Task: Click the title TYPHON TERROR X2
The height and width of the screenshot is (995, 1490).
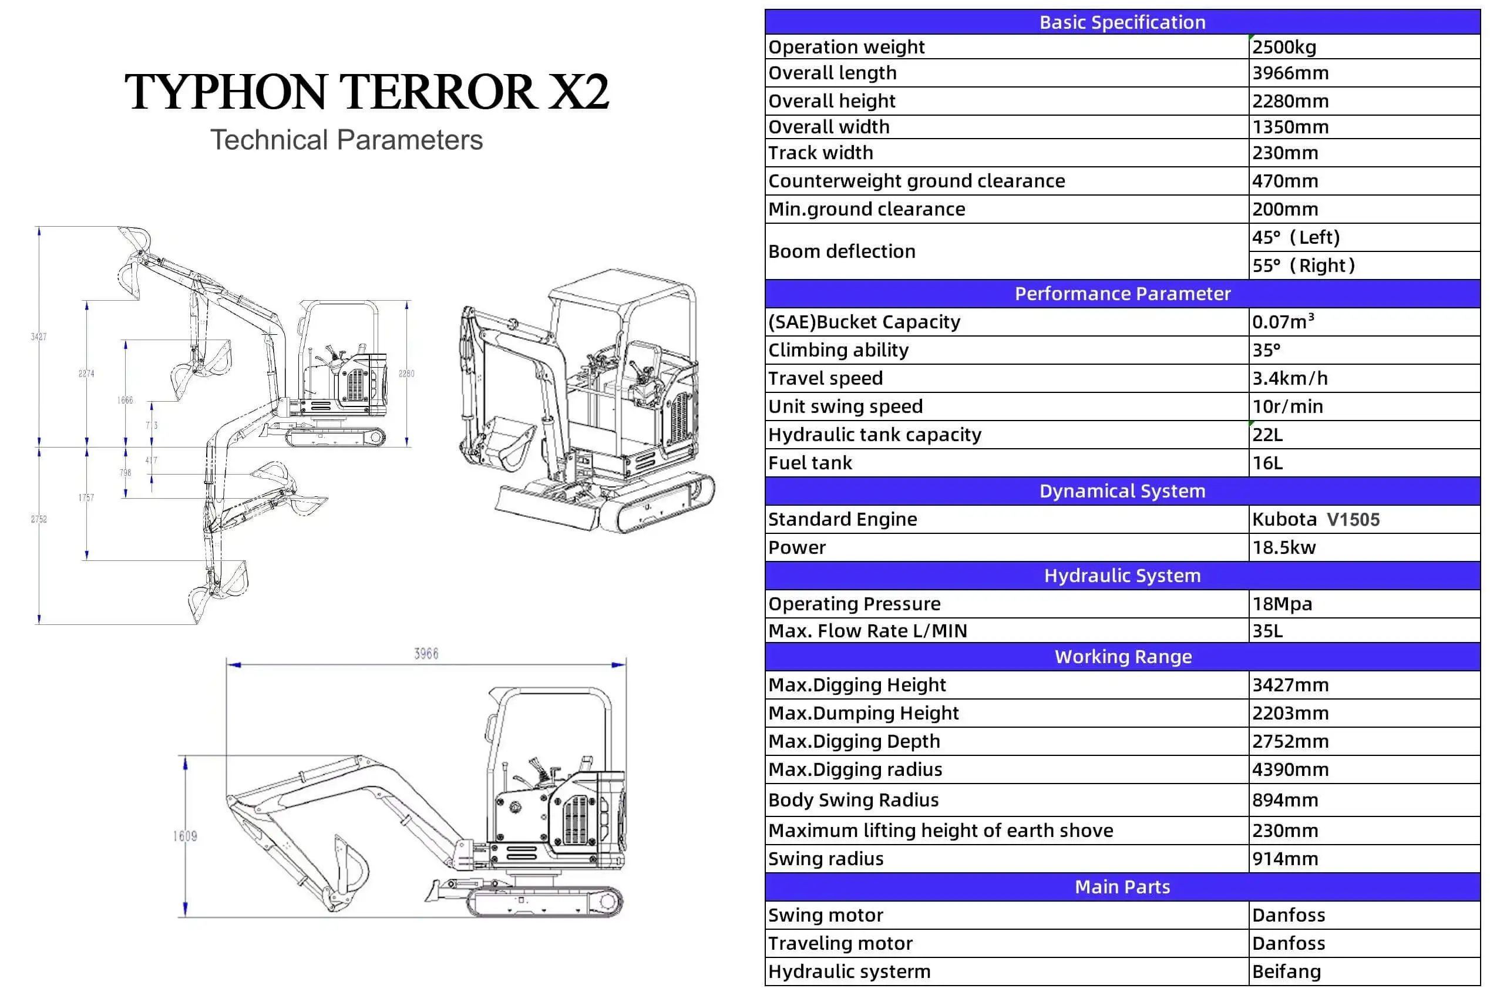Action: (366, 92)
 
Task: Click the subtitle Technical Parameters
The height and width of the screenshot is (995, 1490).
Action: (347, 140)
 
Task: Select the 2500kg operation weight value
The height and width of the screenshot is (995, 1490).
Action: (1284, 47)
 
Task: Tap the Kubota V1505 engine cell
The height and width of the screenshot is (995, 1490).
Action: (1316, 519)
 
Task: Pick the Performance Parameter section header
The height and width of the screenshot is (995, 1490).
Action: (1122, 294)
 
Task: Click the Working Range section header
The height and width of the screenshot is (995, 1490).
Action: (1122, 657)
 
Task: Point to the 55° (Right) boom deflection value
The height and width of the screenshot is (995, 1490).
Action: (1303, 265)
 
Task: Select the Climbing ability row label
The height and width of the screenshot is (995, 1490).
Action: (838, 350)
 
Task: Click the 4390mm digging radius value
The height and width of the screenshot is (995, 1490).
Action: (1290, 769)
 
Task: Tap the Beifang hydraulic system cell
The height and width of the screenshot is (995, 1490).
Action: (1286, 972)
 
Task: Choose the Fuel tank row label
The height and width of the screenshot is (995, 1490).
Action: (810, 463)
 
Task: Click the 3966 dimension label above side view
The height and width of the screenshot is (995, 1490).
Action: (426, 654)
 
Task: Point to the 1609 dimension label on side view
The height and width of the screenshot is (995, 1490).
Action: (185, 836)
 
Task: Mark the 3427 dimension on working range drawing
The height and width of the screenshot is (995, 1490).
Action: (39, 337)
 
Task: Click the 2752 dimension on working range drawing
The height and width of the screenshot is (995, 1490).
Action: (39, 519)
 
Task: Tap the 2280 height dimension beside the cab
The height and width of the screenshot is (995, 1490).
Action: (406, 374)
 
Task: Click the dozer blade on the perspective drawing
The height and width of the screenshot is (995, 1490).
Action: (546, 508)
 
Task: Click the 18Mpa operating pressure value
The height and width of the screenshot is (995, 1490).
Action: (1282, 604)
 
